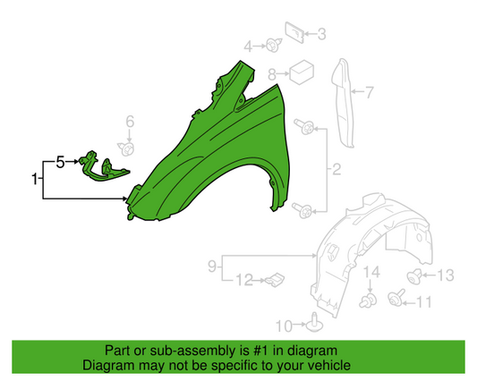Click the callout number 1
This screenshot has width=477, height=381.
[37, 180]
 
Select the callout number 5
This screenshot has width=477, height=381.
[60, 162]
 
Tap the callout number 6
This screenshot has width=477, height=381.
[129, 122]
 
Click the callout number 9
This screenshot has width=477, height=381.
[212, 265]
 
